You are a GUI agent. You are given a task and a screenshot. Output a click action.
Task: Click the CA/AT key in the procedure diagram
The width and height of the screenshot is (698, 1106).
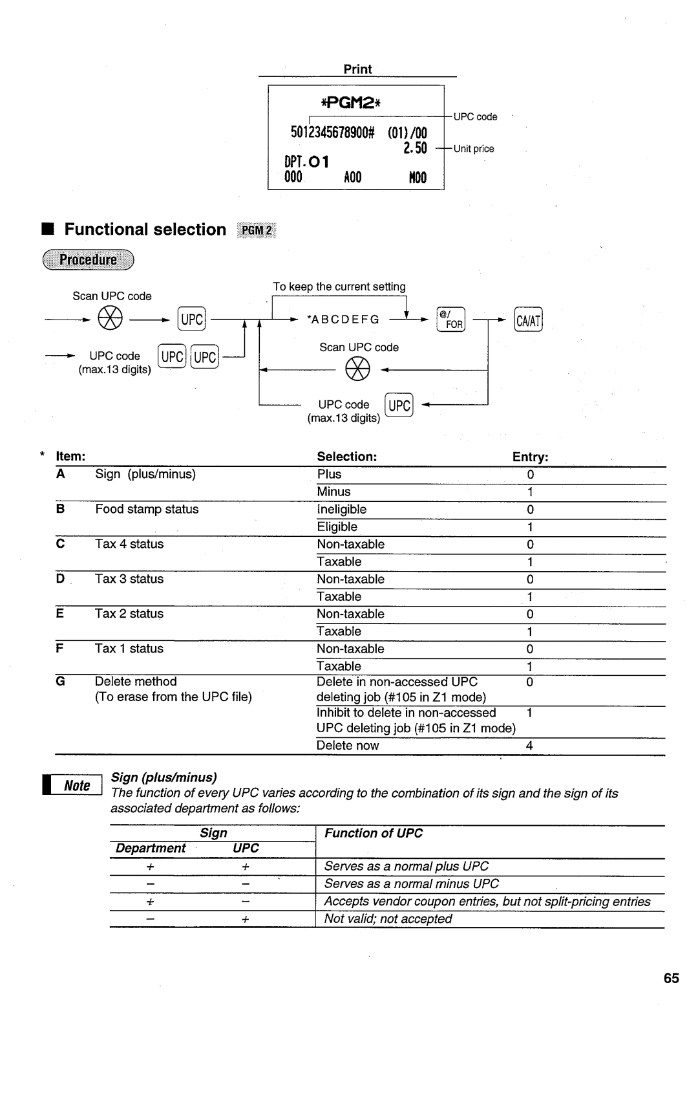point(528,320)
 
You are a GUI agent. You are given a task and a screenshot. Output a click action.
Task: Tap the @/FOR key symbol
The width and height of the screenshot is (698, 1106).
point(450,319)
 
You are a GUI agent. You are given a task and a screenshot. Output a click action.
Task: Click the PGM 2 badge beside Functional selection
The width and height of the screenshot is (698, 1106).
point(257,230)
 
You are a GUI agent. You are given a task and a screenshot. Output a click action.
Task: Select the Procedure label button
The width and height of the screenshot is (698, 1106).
point(88,260)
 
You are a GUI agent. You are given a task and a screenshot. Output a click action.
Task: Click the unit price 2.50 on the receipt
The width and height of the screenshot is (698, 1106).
point(416,148)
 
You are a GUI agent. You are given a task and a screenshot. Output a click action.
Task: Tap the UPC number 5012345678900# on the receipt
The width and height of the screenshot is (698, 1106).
point(332,133)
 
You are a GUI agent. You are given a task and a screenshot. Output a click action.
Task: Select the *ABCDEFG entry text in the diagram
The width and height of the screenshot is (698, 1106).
point(343,320)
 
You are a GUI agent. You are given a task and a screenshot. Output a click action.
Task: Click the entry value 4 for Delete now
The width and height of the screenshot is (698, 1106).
point(529,746)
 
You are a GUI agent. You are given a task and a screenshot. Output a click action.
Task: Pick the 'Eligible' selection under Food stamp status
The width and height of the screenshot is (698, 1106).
point(337,526)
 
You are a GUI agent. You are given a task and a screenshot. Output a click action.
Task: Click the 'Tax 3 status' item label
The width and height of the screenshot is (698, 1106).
point(129,579)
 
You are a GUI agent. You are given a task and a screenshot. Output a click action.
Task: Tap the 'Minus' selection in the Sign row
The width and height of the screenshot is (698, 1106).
point(333,492)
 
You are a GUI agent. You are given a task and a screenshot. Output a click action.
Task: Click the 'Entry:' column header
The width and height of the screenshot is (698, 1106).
point(530,457)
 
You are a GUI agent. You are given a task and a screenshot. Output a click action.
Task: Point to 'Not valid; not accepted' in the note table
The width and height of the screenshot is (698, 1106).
point(388,918)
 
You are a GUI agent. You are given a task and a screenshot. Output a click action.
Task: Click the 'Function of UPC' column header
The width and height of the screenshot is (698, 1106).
point(374,833)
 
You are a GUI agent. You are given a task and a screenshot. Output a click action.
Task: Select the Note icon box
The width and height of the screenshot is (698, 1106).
point(73,785)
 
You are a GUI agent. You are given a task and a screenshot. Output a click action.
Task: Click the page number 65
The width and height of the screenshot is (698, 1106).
point(671,978)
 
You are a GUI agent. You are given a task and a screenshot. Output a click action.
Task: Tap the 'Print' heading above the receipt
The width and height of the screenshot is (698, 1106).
point(357,69)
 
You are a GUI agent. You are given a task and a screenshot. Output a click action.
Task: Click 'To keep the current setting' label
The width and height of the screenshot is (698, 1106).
point(339,287)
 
